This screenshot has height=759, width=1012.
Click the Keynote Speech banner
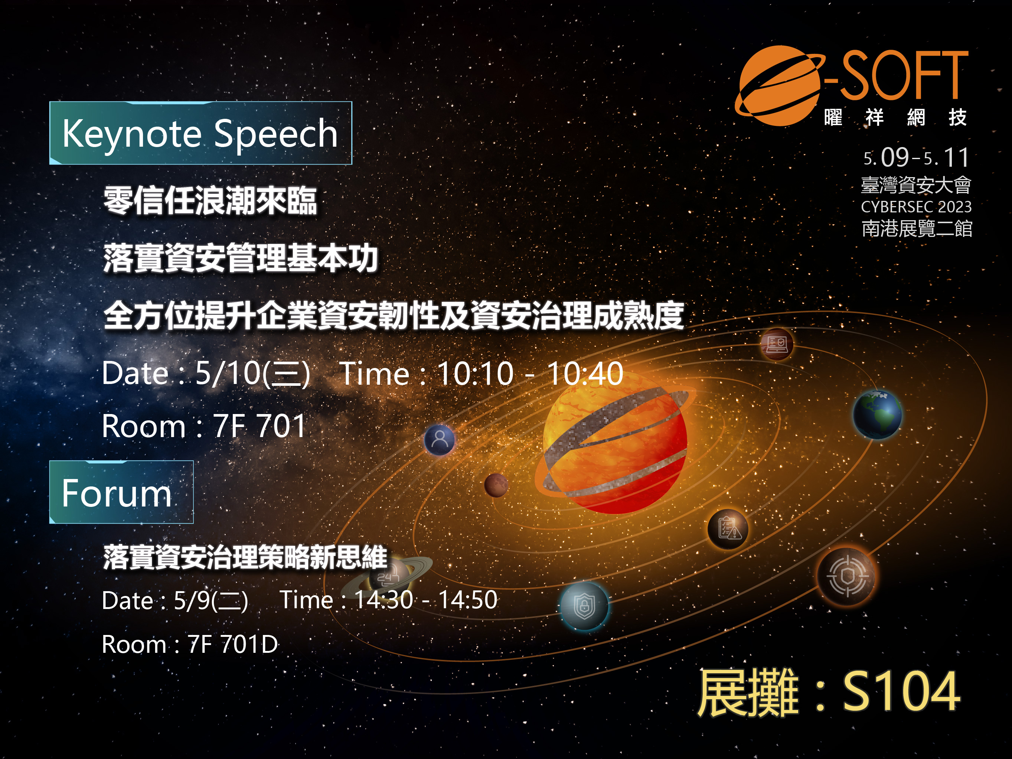(x=200, y=133)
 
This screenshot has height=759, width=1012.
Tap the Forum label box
(x=121, y=492)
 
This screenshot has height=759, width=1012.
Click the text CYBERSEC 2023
(x=916, y=207)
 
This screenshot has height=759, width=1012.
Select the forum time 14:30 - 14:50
(x=426, y=599)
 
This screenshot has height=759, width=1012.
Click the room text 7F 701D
(x=233, y=644)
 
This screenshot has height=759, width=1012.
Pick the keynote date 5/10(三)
(x=252, y=374)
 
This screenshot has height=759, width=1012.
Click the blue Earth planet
(x=877, y=414)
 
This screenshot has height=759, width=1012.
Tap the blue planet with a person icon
(x=440, y=440)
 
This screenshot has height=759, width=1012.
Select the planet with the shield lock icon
(x=585, y=606)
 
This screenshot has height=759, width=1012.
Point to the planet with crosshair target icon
(x=847, y=576)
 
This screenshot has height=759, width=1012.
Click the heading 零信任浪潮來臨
(x=210, y=201)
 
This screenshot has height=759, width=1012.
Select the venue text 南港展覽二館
(x=917, y=228)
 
